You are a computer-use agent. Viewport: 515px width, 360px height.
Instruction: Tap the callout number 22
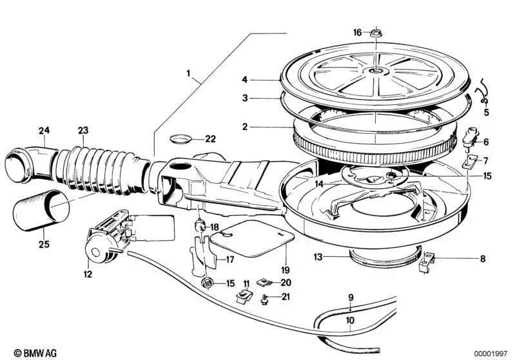(211, 139)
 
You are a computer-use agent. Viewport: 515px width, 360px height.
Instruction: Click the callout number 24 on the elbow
(43, 131)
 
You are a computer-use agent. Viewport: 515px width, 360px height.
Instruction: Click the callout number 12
(88, 274)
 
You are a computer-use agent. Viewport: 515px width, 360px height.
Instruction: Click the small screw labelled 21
(265, 298)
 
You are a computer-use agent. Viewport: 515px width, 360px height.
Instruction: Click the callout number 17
(229, 260)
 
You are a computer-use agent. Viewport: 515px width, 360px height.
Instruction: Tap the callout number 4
(245, 80)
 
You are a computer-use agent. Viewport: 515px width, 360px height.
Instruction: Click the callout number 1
(189, 74)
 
